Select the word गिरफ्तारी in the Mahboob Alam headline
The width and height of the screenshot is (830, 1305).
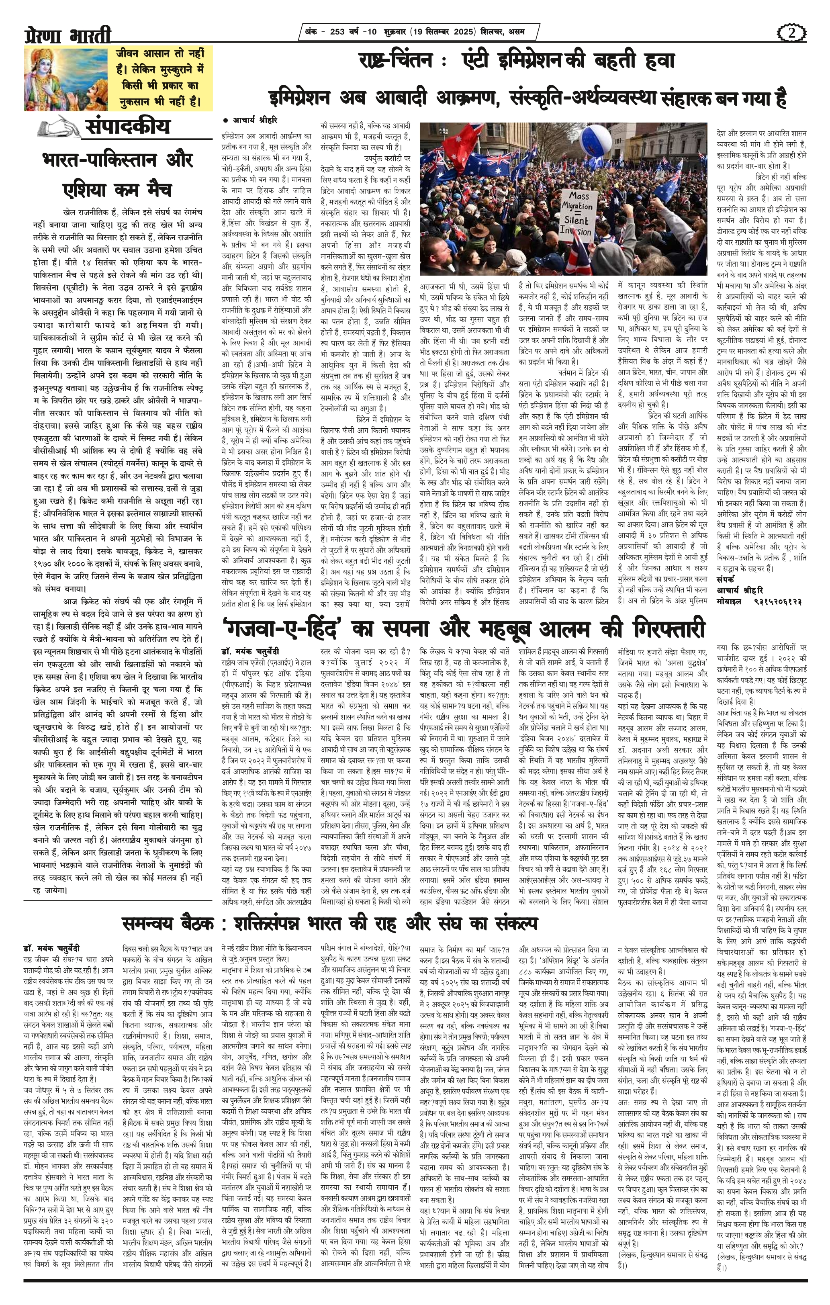pyautogui.click(x=662, y=629)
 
